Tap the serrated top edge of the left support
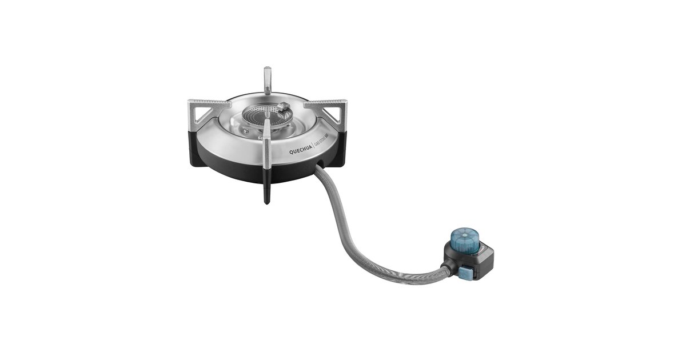209,103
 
